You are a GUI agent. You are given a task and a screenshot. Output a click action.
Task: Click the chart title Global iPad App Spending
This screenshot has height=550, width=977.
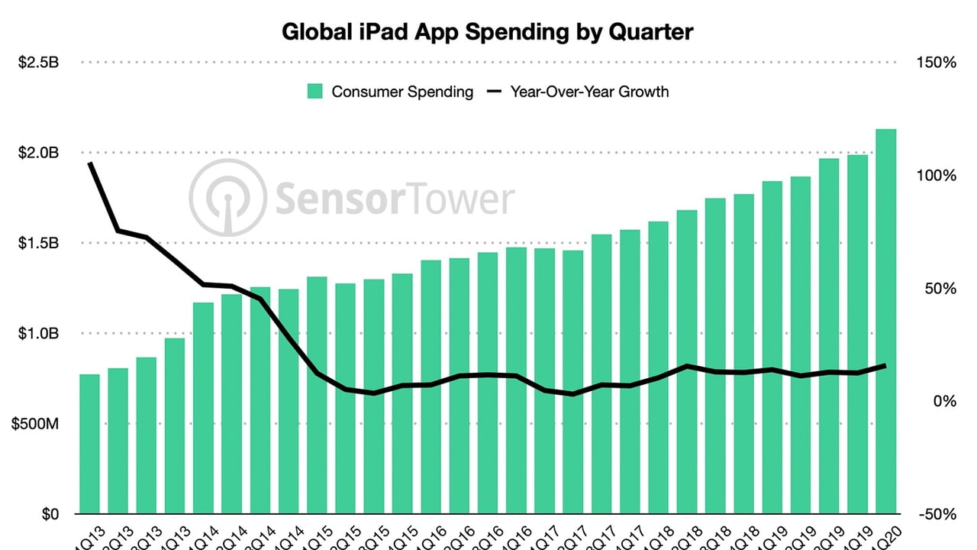pos(488,32)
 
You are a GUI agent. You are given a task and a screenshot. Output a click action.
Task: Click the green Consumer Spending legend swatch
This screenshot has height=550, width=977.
pos(315,92)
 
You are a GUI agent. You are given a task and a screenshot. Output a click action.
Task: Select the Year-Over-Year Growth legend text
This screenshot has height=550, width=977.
pos(589,92)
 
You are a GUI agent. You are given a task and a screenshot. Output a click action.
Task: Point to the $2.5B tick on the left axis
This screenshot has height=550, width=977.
pos(38,63)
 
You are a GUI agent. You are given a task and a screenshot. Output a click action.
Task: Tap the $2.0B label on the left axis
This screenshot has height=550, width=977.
pos(38,153)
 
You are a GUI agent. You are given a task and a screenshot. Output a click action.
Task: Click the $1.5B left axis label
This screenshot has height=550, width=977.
pos(38,243)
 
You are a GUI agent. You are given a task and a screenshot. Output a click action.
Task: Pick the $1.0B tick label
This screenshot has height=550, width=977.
pos(38,333)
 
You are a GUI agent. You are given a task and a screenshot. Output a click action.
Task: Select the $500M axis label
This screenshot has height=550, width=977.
pos(35,424)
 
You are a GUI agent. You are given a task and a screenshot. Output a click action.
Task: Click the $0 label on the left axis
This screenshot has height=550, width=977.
pos(49,514)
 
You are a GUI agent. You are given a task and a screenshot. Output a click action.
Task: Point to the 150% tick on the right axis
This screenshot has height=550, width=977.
pos(935,63)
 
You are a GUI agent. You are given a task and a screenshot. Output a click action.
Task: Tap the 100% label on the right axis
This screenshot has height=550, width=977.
pos(935,176)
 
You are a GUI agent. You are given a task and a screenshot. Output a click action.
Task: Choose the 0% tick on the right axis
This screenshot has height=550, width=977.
pos(944,401)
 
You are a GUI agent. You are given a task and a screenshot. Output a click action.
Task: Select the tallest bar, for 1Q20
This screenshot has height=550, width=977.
pos(885,321)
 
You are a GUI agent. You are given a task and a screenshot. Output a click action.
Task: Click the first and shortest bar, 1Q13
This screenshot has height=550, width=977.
pos(90,443)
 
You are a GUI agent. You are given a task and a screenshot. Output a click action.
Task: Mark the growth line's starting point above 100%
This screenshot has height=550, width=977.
pos(90,163)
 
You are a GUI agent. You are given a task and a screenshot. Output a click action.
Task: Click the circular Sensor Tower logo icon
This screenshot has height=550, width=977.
pos(227,198)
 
